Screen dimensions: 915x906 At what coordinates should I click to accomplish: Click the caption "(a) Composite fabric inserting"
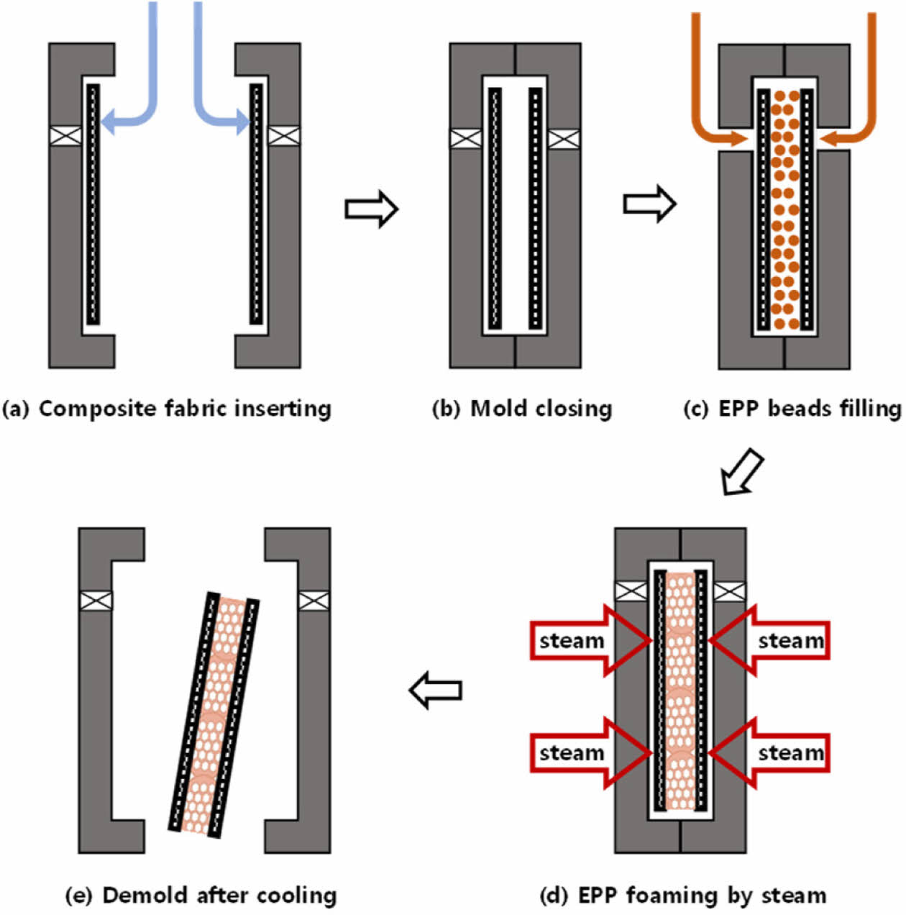(166, 409)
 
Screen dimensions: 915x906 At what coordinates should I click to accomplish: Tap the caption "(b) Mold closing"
(521, 409)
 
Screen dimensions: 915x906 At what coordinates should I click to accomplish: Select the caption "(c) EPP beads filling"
(792, 409)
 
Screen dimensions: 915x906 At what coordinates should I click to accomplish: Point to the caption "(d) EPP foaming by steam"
(682, 895)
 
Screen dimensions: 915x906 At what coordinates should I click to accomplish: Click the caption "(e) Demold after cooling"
(201, 895)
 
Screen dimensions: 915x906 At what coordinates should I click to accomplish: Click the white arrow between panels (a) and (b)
(371, 209)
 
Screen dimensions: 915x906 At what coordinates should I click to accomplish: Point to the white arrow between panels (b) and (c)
(649, 204)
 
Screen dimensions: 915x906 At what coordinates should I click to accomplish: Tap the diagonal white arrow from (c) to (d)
(743, 472)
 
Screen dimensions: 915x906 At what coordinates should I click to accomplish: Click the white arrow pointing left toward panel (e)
(435, 691)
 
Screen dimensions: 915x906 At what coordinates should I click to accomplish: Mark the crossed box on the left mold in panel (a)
(66, 135)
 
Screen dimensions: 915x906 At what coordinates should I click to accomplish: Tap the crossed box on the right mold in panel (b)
(564, 139)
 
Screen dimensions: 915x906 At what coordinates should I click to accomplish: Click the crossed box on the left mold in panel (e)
(96, 601)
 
